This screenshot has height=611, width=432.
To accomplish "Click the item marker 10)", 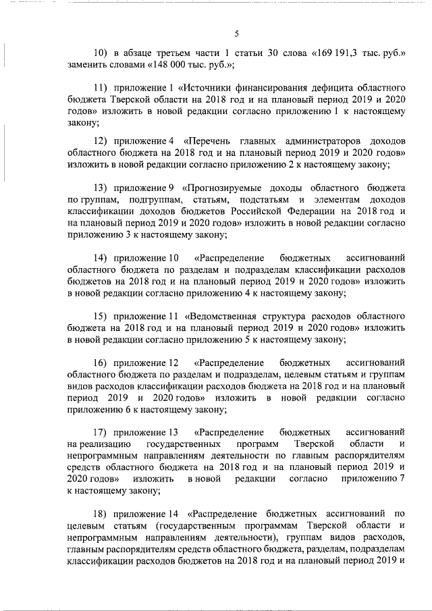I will click(x=101, y=53).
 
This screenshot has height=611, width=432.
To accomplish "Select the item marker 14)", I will click(x=101, y=257).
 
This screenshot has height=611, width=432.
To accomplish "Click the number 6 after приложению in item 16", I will click(x=128, y=409).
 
